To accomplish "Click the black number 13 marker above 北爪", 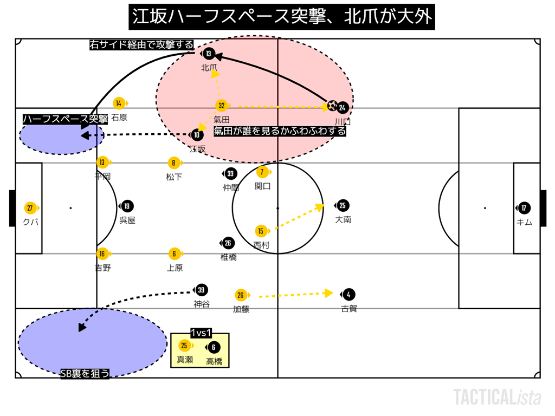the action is coord(209,54).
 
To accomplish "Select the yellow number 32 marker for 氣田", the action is coord(221,106).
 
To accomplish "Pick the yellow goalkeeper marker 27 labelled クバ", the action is coord(30,208).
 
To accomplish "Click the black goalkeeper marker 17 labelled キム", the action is coord(524,208).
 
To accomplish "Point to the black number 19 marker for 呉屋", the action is coord(127,206).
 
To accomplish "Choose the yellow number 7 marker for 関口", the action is coord(262,172).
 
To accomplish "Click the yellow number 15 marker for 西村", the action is coord(261,231).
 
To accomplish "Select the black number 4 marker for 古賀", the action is coord(349,295).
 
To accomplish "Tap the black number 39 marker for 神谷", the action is coord(202,290).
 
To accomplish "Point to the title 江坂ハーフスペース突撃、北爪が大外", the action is coord(282,17).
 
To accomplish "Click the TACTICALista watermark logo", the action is coord(497,397).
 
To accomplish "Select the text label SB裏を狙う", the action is coord(85,373).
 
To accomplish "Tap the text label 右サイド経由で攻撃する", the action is coord(141,45).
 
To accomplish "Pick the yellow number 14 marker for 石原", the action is coord(119,103).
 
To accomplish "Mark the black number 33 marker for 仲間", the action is coord(231,173).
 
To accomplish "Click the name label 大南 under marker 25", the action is coord(343,220).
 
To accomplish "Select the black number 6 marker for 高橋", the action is coord(214,348).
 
